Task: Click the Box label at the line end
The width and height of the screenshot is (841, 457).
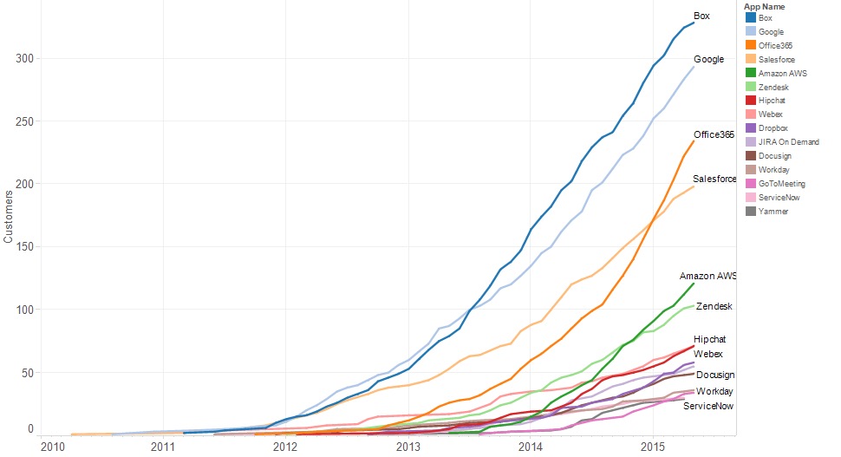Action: coord(701,16)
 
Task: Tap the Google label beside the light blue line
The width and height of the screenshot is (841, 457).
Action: coord(708,59)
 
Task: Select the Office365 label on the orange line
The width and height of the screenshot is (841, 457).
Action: coord(714,134)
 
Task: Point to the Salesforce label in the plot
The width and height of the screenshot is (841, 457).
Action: coord(714,179)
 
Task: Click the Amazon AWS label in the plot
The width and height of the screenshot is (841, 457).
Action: coord(707,276)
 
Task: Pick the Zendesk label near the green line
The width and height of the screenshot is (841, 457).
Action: coord(714,306)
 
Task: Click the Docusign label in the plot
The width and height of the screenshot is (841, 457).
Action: coord(715,375)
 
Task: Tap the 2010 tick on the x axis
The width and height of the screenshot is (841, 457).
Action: coord(53,446)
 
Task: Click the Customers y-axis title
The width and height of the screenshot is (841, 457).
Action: coord(8,221)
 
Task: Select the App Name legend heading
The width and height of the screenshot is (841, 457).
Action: coord(764,7)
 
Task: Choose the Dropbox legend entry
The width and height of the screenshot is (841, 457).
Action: coord(773,128)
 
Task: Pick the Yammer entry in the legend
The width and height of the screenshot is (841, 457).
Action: coord(773,211)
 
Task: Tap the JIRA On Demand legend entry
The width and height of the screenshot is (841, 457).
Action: coord(788,142)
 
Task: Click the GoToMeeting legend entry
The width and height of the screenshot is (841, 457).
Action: coord(781,183)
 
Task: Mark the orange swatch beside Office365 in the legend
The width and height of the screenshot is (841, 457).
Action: coord(749,45)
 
